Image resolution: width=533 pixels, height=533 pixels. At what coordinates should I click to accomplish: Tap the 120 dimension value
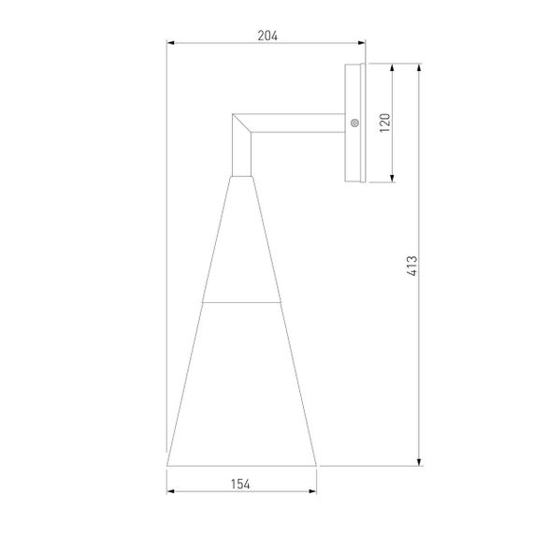point(383,122)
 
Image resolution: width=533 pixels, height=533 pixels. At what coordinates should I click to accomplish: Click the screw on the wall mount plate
point(354,122)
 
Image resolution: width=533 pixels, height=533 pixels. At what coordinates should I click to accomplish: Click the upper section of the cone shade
point(240,243)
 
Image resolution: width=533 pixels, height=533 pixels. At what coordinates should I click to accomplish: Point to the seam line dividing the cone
point(241,303)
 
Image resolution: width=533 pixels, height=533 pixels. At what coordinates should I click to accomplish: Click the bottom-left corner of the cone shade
point(168,465)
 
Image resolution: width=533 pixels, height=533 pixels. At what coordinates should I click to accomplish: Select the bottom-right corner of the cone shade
point(316,465)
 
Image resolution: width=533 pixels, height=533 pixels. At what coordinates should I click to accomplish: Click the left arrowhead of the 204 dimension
point(170,43)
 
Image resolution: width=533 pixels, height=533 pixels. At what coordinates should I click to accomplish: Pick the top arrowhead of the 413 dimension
point(419,68)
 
